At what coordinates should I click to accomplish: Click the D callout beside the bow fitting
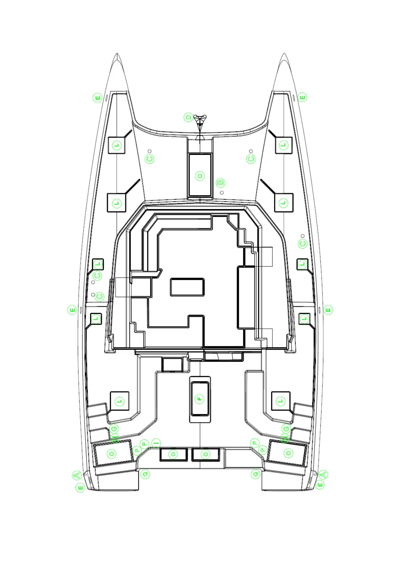click(188, 117)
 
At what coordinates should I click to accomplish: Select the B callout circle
click(220, 183)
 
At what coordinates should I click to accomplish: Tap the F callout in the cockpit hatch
click(200, 399)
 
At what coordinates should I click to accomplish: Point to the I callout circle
click(156, 443)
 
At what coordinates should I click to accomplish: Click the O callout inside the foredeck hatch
click(200, 176)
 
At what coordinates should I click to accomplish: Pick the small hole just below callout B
click(222, 193)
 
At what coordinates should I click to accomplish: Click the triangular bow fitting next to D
click(200, 121)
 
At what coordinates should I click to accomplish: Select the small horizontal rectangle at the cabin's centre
click(187, 287)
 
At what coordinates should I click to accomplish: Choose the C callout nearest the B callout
click(251, 159)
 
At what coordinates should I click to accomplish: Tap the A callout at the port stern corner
click(77, 475)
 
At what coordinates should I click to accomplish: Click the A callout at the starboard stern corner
click(323, 475)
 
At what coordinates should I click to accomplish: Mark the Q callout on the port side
click(145, 474)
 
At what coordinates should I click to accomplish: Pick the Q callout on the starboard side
click(256, 474)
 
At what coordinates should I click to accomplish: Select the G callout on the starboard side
click(286, 429)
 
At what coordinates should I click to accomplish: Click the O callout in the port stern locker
click(112, 453)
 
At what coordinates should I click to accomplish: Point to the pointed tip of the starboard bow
click(284, 53)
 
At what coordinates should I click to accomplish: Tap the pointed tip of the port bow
click(117, 53)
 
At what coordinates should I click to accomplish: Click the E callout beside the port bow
click(97, 98)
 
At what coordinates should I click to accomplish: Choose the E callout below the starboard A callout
click(320, 485)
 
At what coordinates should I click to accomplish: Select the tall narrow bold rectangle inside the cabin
click(246, 297)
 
